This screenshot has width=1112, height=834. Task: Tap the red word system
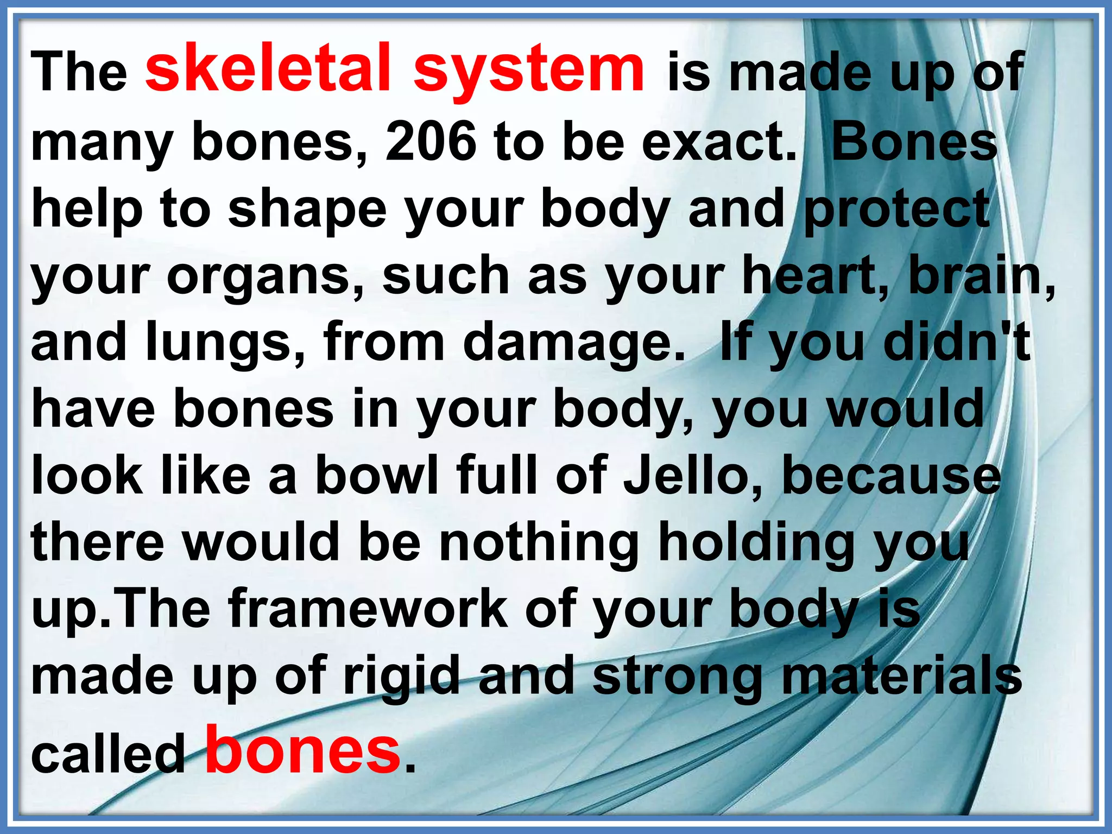pos(529,71)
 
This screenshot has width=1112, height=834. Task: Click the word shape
pos(307,210)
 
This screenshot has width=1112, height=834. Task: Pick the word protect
pos(896,210)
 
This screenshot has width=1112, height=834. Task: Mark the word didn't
pos(956,343)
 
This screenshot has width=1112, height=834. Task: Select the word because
pos(890,476)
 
